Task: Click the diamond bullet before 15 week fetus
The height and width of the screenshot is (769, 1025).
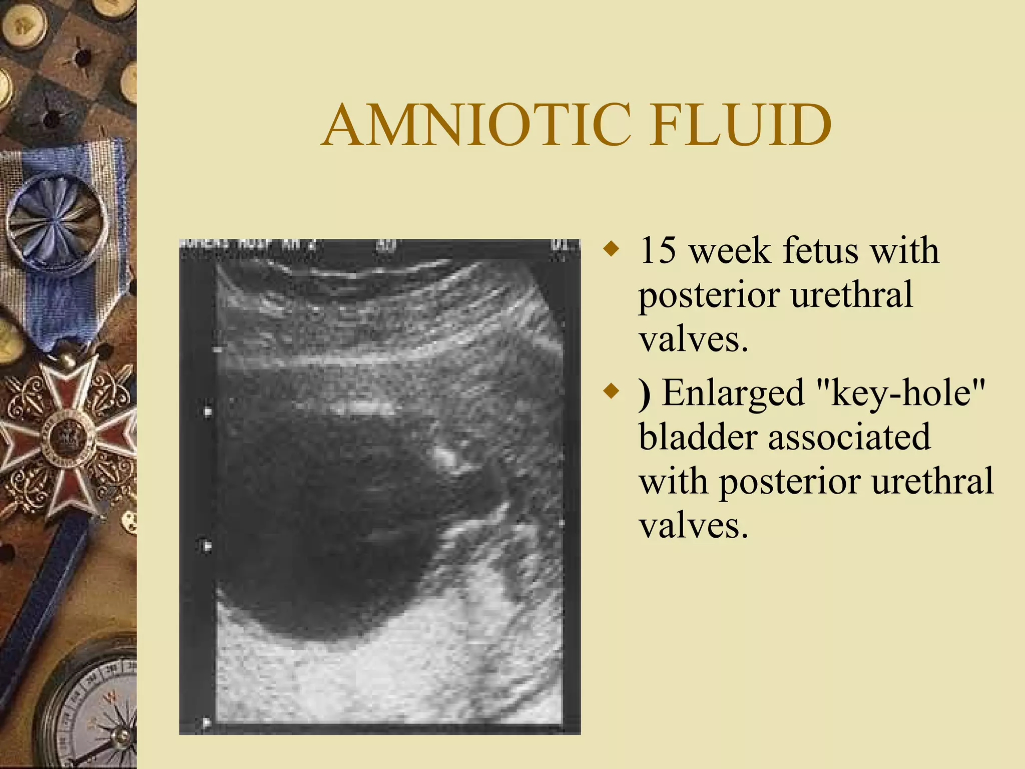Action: coord(611,249)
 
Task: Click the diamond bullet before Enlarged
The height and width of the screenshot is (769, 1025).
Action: coord(611,391)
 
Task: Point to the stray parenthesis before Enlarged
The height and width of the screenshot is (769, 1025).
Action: coord(645,394)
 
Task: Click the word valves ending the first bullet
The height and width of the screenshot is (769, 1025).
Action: coord(693,339)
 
